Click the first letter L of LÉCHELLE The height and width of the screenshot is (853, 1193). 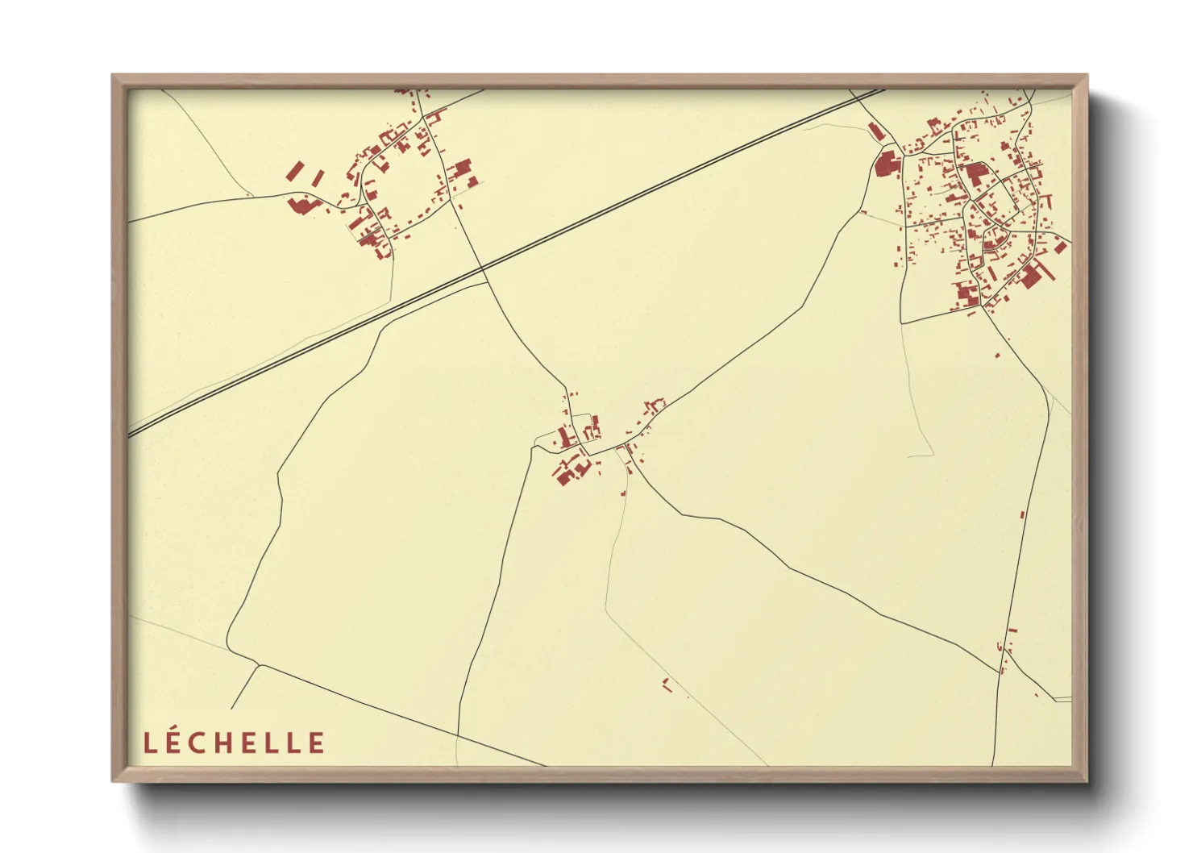coord(149,743)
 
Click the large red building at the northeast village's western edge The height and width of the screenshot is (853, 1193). coord(886,164)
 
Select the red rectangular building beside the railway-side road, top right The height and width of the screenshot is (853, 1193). coord(875,131)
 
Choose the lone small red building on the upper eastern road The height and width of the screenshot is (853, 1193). coord(1022,514)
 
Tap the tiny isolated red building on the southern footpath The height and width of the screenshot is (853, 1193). coord(667,684)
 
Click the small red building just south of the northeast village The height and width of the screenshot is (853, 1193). coord(997,355)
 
